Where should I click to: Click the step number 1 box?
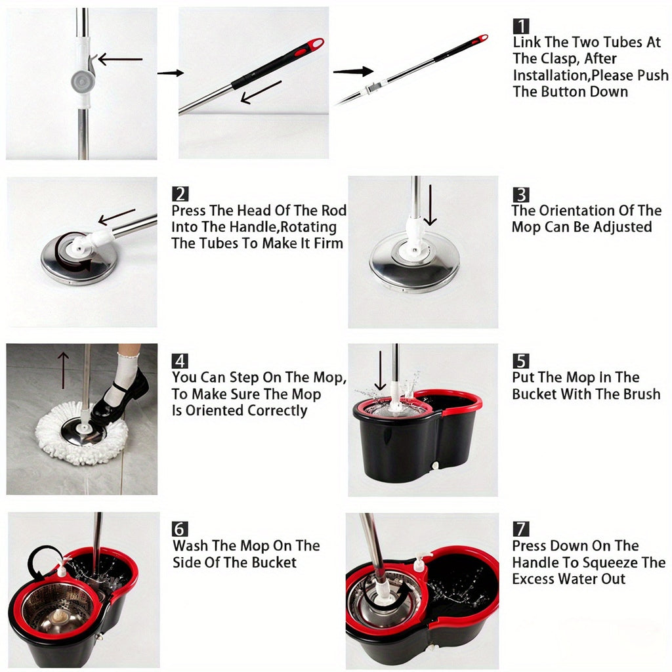[521, 26]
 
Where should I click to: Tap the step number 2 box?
[180, 194]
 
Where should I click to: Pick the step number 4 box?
[180, 361]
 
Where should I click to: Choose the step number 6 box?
[180, 529]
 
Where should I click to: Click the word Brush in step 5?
[639, 394]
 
